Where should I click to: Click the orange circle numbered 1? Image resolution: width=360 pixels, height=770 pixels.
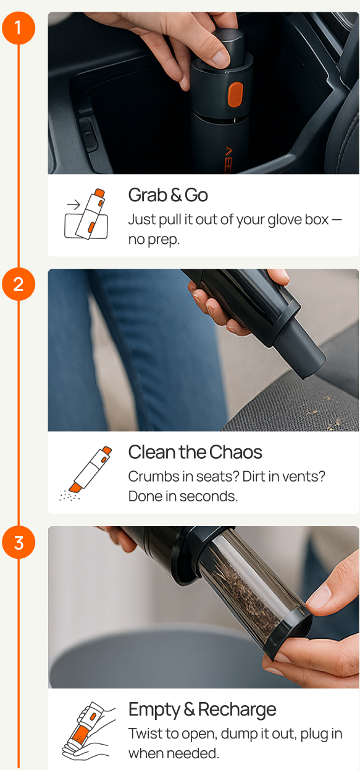click(19, 28)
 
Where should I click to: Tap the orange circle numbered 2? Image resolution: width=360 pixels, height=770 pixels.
click(19, 284)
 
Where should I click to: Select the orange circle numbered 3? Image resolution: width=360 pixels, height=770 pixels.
click(19, 542)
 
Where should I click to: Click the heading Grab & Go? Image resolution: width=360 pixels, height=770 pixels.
click(168, 195)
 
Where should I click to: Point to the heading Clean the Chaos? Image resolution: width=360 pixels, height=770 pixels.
click(195, 452)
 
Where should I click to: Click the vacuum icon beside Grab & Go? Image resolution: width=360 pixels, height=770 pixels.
click(86, 214)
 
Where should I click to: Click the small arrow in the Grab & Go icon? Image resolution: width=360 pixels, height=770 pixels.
click(73, 205)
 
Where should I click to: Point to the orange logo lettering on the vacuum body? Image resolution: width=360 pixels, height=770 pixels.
click(228, 160)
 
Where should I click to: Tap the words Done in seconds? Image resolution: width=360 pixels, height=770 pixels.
click(183, 496)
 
